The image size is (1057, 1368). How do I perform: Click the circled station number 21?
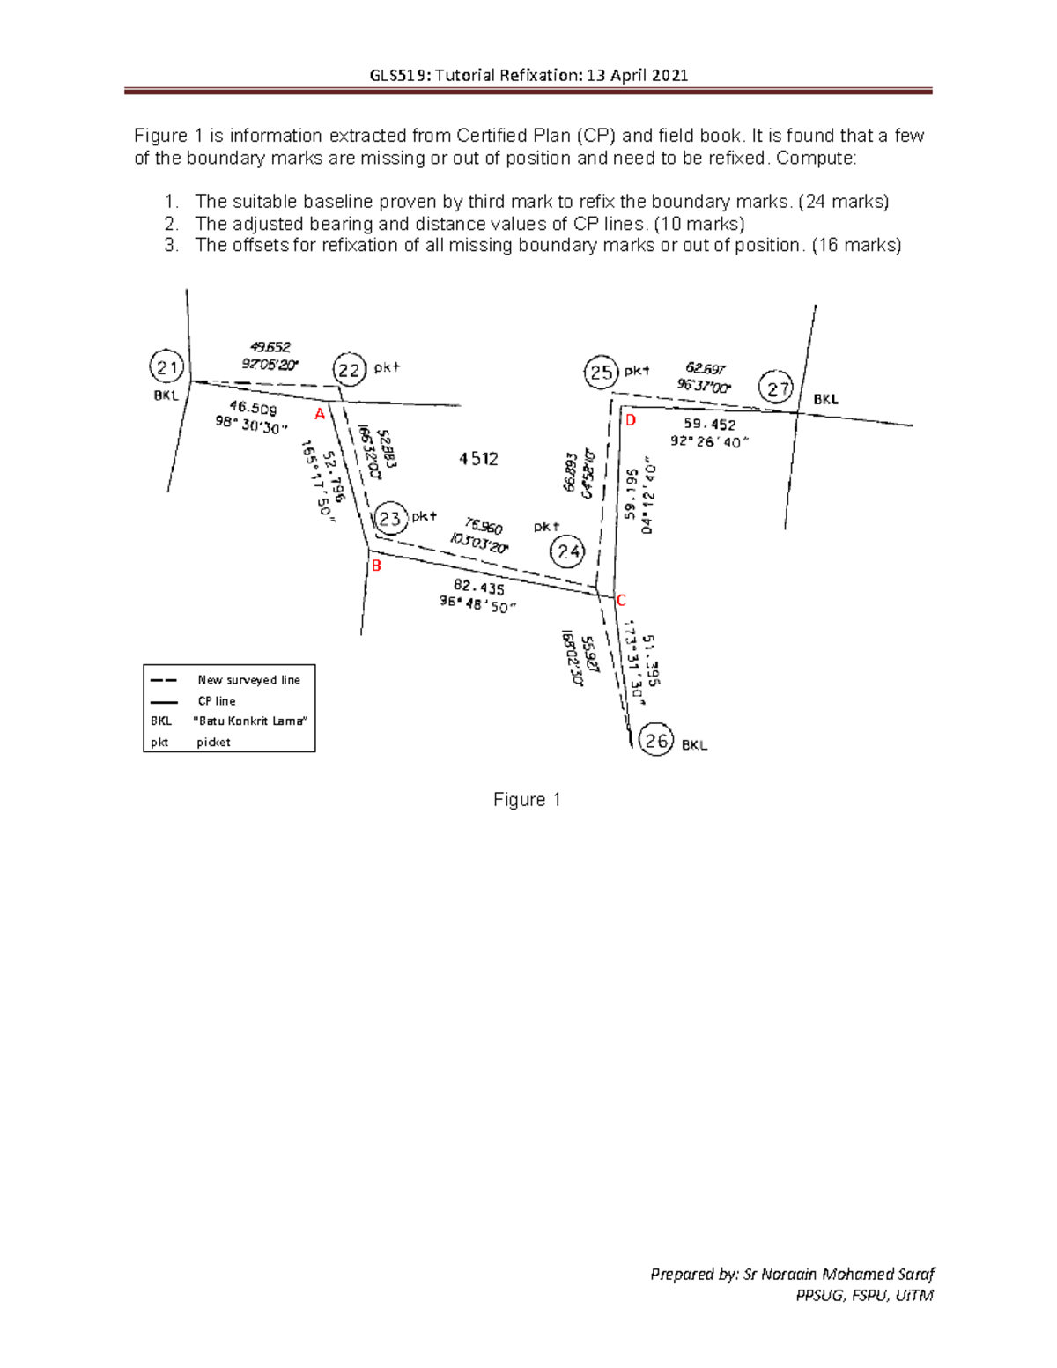[x=166, y=367]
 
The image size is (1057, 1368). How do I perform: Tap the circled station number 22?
[x=350, y=370]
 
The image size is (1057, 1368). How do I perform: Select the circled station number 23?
[x=390, y=519]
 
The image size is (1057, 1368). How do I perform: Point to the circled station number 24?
[x=566, y=552]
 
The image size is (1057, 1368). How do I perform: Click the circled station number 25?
[x=601, y=373]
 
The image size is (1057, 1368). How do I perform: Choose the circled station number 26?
[x=656, y=741]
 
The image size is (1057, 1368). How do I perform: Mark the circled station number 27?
[x=778, y=388]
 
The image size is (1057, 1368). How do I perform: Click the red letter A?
[x=320, y=414]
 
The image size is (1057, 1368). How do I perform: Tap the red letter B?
[x=376, y=566]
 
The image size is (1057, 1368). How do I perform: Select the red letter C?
[x=620, y=601]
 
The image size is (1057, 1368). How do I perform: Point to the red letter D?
[x=631, y=421]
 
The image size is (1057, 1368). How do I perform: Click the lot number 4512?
[x=478, y=459]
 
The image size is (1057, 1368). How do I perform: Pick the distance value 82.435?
[x=479, y=588]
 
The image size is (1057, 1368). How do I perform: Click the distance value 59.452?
[x=709, y=425]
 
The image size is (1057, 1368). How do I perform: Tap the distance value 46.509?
[x=253, y=408]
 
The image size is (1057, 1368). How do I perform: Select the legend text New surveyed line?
[x=248, y=680]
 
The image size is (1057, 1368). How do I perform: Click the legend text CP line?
[x=217, y=701]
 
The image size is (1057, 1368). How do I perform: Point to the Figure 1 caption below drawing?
[x=527, y=800]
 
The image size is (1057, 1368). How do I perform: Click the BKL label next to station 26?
[x=694, y=745]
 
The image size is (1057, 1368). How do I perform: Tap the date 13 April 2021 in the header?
[x=637, y=75]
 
